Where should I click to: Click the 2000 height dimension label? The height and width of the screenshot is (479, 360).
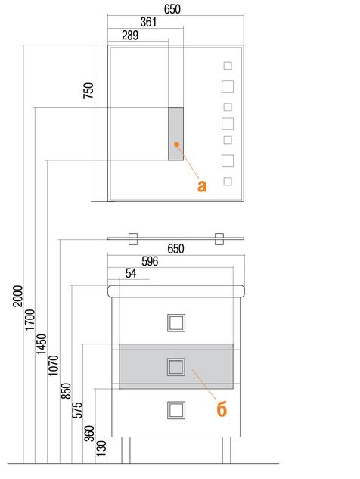click(x=18, y=296)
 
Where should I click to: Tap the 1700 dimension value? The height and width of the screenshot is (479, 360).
click(x=30, y=320)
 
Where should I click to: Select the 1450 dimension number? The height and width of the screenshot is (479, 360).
click(x=42, y=344)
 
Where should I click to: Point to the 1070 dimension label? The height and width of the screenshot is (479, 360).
click(x=54, y=365)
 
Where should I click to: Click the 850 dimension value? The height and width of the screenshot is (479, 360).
click(x=67, y=391)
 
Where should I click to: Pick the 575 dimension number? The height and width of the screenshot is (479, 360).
click(x=77, y=410)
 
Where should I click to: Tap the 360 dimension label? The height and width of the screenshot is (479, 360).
click(x=89, y=433)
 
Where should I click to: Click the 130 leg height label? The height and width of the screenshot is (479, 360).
click(x=101, y=448)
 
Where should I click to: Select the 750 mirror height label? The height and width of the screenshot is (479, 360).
click(x=88, y=90)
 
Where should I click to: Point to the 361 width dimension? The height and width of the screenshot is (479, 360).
click(x=148, y=22)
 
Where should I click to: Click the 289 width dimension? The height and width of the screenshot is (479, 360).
click(x=130, y=35)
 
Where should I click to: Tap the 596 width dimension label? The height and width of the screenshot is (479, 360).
click(x=150, y=261)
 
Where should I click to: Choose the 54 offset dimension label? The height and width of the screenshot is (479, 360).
click(x=131, y=273)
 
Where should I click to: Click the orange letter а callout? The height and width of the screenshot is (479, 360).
click(x=202, y=185)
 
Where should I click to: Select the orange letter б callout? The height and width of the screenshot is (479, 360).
click(x=222, y=409)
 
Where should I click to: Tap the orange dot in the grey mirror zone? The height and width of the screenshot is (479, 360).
click(x=176, y=144)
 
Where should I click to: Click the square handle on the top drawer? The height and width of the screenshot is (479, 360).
click(x=176, y=322)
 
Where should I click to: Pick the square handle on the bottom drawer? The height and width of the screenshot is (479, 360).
click(x=176, y=410)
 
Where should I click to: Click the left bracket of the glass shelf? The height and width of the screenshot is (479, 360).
click(x=133, y=239)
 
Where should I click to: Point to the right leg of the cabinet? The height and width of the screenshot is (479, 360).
click(x=226, y=450)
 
